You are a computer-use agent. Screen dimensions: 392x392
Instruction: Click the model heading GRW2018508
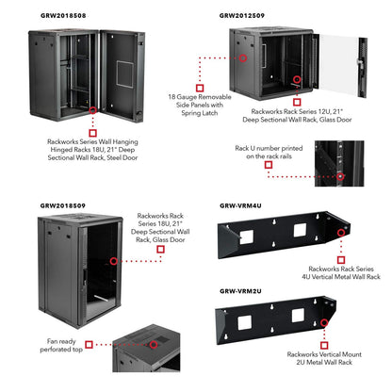click(63, 15)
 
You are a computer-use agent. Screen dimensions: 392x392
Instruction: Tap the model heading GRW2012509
click(242, 15)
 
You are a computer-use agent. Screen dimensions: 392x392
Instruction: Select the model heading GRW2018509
click(63, 205)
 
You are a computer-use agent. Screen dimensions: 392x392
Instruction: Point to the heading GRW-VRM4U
click(240, 205)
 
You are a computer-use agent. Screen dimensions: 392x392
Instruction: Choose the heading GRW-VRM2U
click(240, 291)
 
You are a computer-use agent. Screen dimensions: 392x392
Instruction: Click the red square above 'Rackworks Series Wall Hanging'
click(92, 133)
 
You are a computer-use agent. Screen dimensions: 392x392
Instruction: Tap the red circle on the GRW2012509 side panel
click(243, 58)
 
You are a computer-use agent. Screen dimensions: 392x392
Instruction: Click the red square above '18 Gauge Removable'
click(200, 88)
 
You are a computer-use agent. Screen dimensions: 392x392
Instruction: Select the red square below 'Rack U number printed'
click(269, 165)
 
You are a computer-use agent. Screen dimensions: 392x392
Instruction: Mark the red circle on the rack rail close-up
click(340, 176)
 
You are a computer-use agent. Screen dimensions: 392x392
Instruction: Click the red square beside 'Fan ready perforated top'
click(90, 345)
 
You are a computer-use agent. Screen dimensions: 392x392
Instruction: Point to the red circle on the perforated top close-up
click(154, 345)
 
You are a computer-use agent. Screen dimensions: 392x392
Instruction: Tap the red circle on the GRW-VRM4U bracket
click(341, 233)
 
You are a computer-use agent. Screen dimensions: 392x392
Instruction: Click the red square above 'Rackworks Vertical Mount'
click(324, 346)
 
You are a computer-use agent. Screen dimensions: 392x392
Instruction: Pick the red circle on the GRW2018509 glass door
click(114, 261)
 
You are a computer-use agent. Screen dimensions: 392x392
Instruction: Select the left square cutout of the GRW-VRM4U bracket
click(247, 237)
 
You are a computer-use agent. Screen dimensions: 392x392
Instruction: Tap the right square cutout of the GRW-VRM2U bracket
click(298, 316)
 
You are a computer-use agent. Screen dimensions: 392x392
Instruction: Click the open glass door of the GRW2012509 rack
click(342, 66)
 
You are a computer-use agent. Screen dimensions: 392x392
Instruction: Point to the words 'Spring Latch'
click(200, 113)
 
